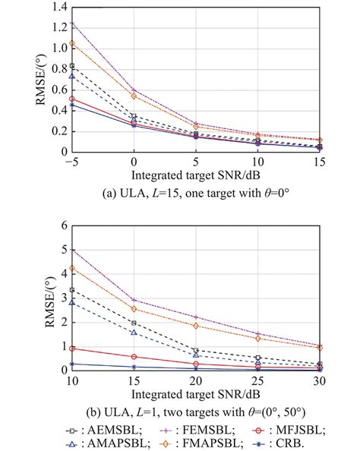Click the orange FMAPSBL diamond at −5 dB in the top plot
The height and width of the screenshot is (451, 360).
(x=72, y=43)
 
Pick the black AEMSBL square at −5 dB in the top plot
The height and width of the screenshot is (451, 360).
(x=72, y=66)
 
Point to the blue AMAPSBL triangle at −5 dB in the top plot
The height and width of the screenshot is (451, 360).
(x=72, y=76)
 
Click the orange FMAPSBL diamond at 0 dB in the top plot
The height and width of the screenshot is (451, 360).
(x=134, y=96)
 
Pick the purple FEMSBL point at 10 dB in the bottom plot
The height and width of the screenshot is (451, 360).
(x=72, y=249)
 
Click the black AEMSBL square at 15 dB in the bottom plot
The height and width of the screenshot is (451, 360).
(x=134, y=323)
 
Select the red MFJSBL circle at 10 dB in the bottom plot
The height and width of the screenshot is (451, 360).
(x=72, y=348)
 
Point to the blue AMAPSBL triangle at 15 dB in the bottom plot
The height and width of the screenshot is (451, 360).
(x=134, y=333)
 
